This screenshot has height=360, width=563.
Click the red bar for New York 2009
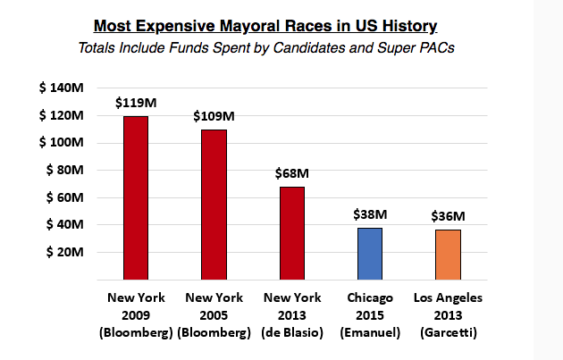[135, 198]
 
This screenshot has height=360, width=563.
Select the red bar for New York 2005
[214, 205]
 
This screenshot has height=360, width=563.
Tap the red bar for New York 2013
[292, 233]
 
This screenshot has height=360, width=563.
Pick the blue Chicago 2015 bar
[371, 254]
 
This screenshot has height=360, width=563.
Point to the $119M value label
[135, 103]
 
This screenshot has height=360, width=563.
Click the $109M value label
[214, 116]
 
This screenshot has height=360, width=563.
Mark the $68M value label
[292, 172]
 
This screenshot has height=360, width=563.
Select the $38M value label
[371, 214]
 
